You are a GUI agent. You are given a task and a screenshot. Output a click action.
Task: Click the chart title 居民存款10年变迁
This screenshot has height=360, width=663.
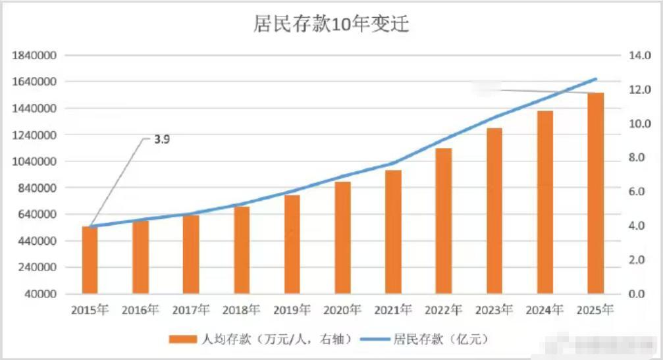coord(331,24)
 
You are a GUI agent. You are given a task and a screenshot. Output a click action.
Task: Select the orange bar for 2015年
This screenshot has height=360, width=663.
coord(90,260)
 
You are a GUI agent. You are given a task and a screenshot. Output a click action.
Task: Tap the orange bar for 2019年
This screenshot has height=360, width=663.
coord(292,244)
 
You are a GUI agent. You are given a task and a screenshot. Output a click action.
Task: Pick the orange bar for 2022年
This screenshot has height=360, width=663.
coord(444,221)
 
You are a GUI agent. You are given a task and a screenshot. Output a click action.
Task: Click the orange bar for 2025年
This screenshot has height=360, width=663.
coord(595,193)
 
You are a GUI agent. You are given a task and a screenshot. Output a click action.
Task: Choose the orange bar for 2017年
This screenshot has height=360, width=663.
coord(191,254)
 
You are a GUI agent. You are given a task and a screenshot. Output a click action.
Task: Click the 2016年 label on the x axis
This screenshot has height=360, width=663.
coord(140,310)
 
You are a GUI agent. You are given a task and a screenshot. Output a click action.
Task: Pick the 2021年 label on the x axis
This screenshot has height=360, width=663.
coord(393,310)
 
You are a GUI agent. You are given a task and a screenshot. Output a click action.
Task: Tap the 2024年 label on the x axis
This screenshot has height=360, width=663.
coord(544,310)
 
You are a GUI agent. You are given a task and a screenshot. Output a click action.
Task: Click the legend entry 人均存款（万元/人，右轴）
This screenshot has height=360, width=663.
coord(263,340)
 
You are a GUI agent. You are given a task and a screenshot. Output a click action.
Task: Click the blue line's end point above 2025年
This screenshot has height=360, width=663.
coord(596,79)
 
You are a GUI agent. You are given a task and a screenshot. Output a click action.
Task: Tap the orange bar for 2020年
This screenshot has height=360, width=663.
coord(342,238)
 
